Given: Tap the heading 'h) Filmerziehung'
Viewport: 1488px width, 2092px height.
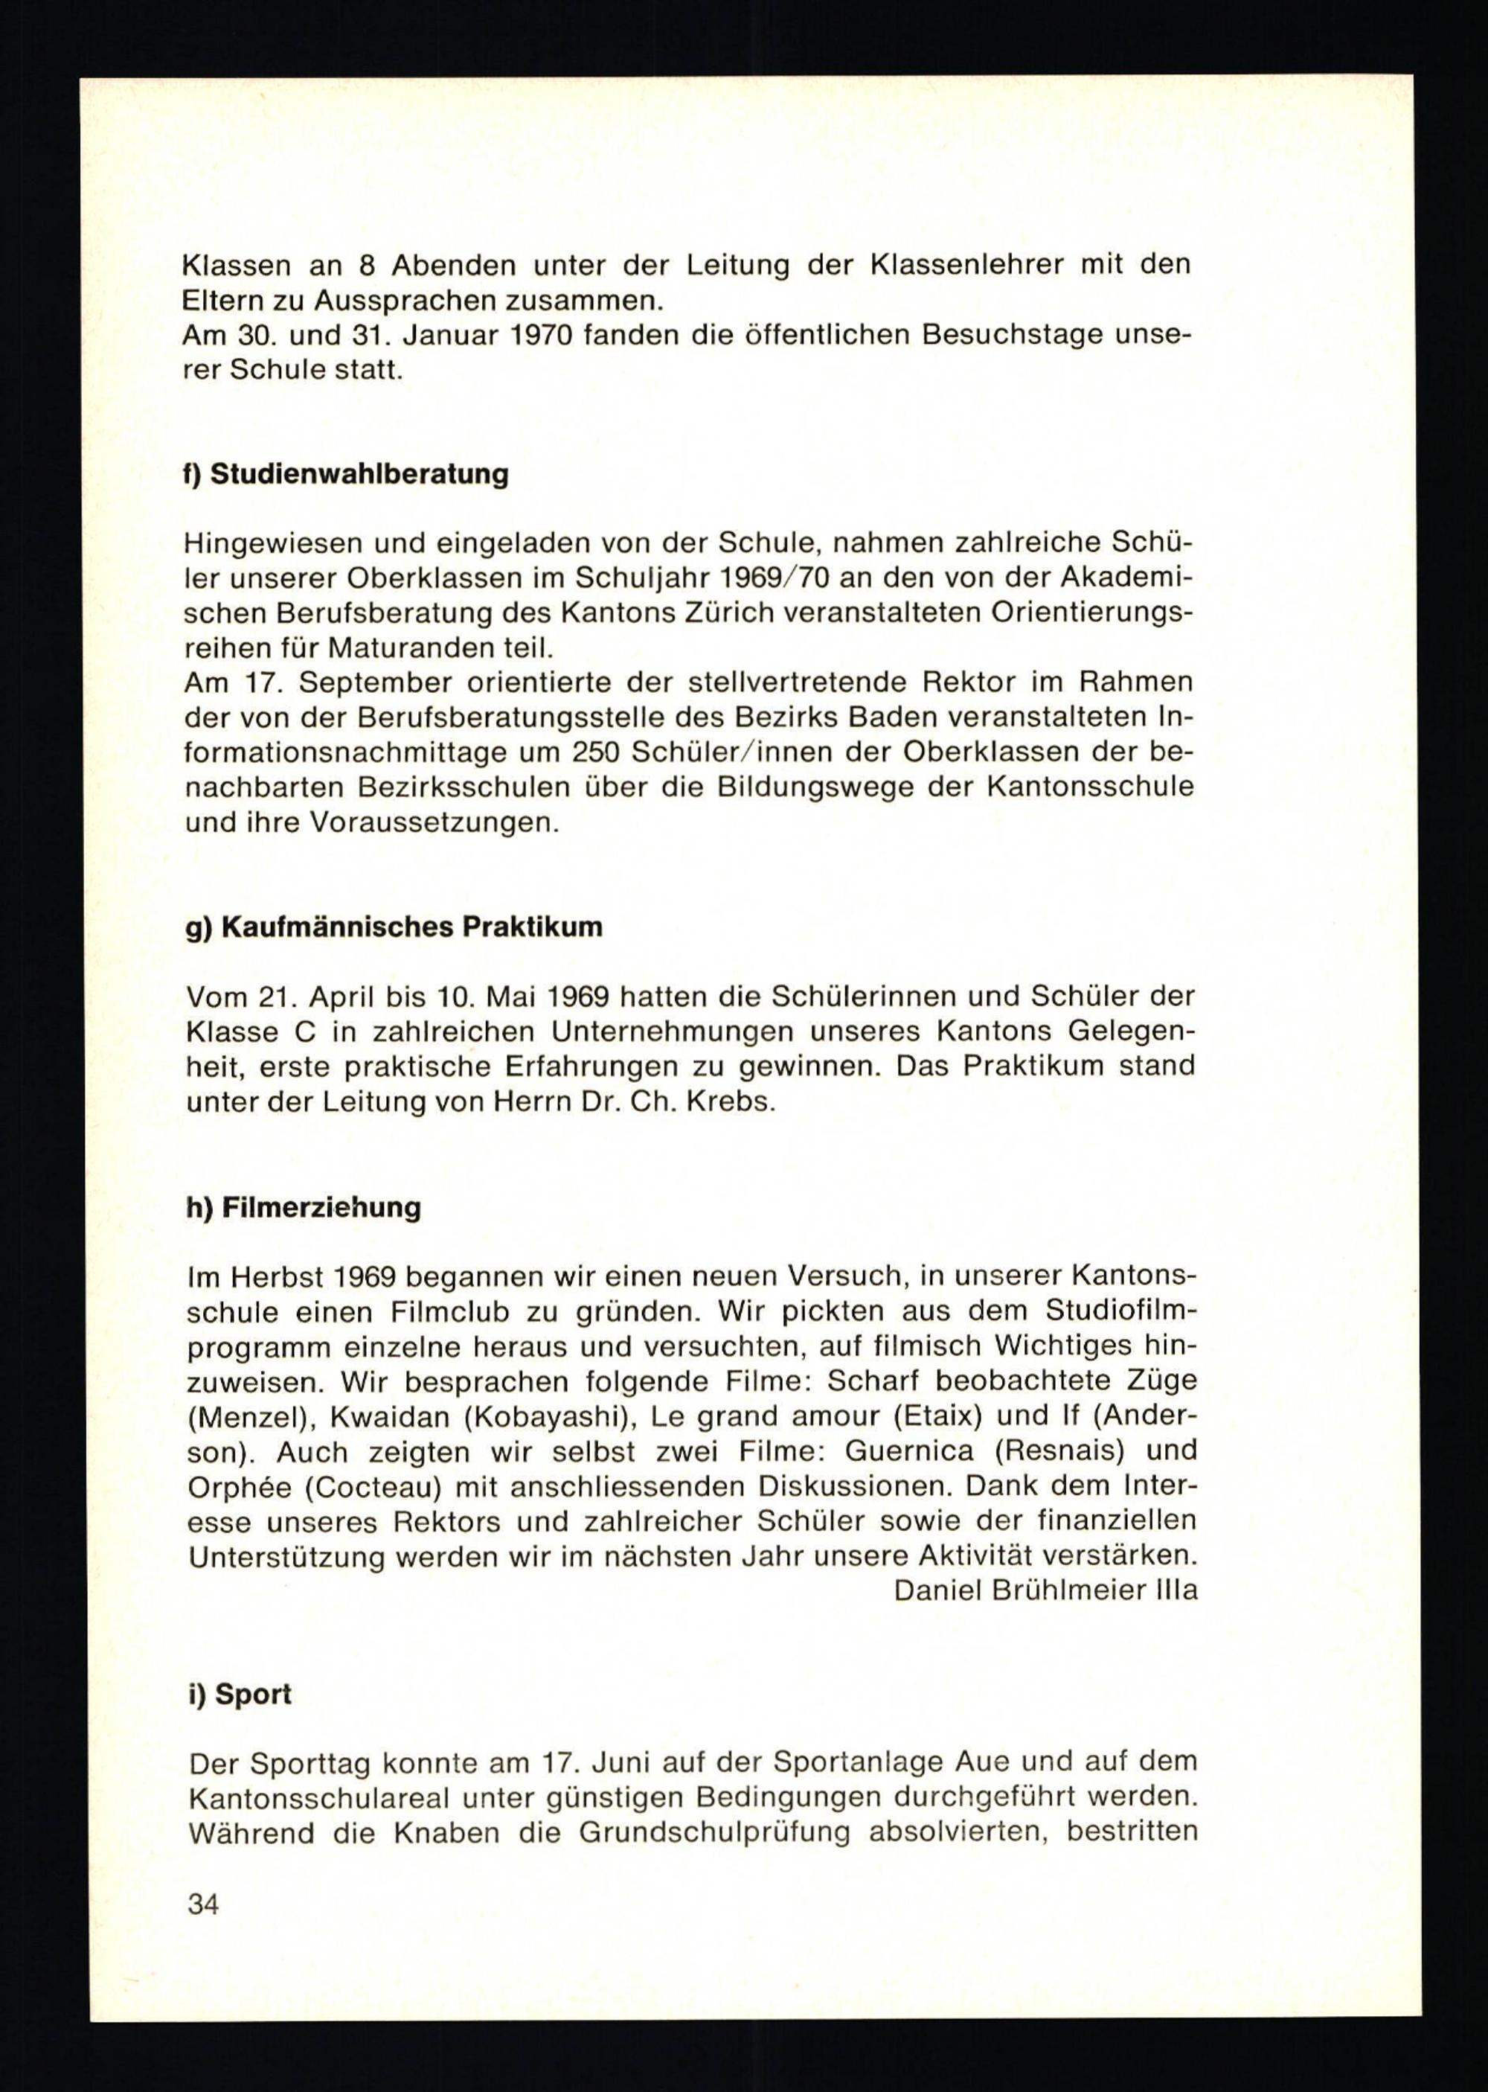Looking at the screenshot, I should (304, 1207).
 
